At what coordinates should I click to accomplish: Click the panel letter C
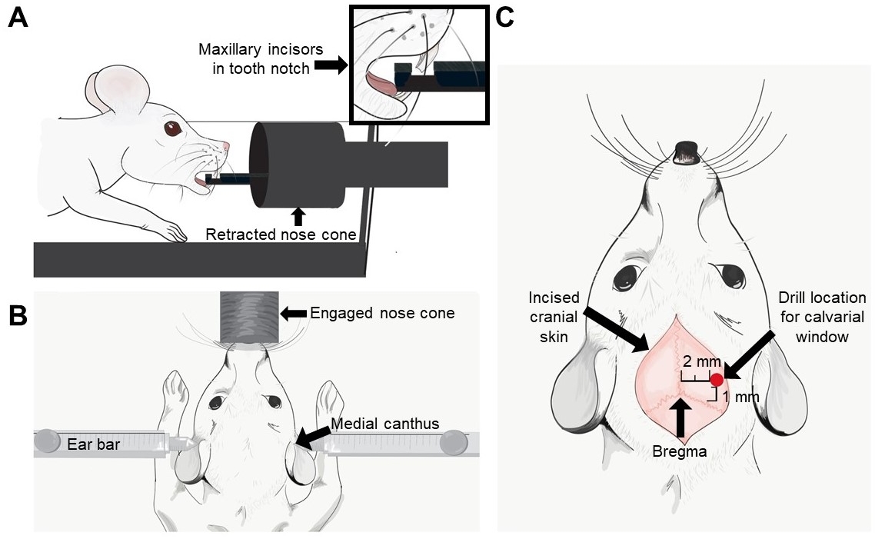pyautogui.click(x=504, y=17)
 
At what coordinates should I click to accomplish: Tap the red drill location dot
pyautogui.click(x=717, y=379)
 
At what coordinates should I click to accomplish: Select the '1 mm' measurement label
pyautogui.click(x=741, y=398)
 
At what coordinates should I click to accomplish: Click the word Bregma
pyautogui.click(x=679, y=453)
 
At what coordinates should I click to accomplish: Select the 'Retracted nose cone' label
pyautogui.click(x=281, y=235)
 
